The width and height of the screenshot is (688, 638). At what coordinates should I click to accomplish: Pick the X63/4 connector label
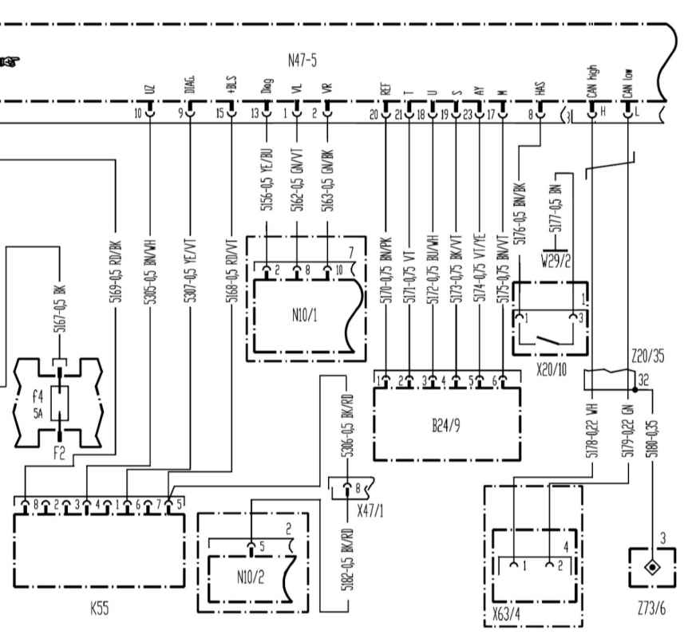point(508,619)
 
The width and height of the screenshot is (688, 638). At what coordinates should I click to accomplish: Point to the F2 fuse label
point(59,455)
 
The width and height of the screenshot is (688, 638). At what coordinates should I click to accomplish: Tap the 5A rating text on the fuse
point(38,412)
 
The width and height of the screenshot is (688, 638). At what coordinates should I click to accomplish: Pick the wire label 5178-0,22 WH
point(591,431)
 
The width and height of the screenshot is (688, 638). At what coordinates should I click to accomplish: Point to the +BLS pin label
point(231,85)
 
